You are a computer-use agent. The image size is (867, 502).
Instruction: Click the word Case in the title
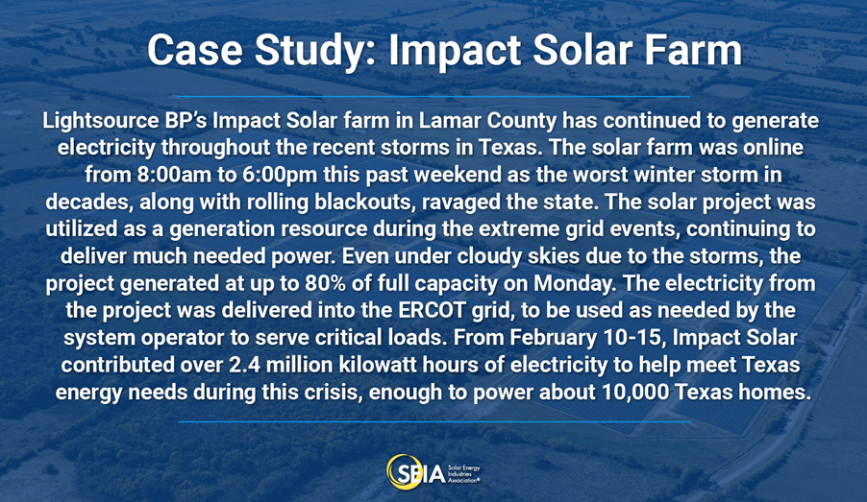(x=195, y=50)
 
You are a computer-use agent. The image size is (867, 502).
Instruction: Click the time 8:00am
(x=172, y=175)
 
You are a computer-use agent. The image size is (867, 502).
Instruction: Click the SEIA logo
(x=433, y=471)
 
